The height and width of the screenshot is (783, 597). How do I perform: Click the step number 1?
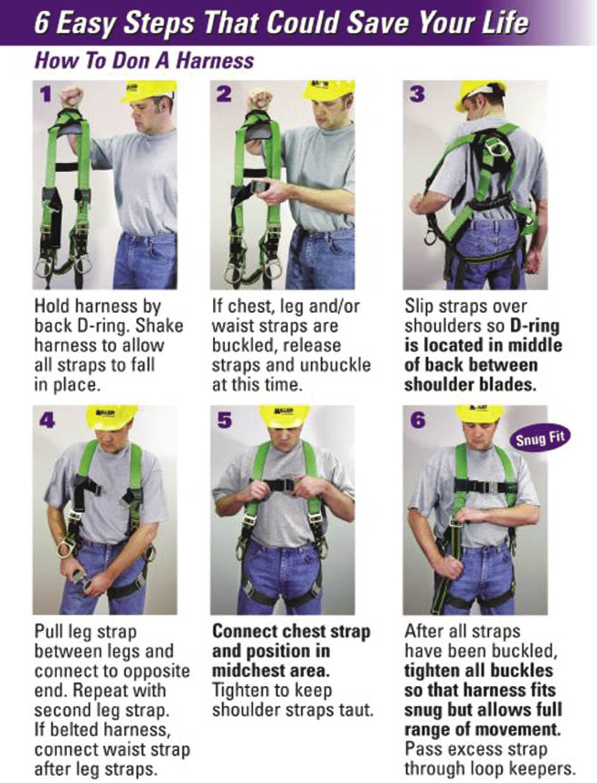pos(47,94)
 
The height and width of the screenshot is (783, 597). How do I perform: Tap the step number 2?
pos(224,94)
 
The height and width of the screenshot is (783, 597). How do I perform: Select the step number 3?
pos(417,94)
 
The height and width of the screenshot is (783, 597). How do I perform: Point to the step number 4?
pos(47,421)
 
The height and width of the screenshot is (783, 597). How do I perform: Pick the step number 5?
pos(225,421)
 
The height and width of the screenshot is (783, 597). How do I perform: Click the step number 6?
pos(418,421)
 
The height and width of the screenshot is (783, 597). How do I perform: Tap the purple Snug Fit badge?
pos(540,439)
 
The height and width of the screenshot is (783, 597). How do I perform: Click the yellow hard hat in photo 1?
pos(148,91)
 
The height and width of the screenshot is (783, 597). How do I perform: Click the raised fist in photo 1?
pos(73,96)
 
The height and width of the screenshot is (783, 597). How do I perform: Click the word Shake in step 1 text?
pos(160,326)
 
